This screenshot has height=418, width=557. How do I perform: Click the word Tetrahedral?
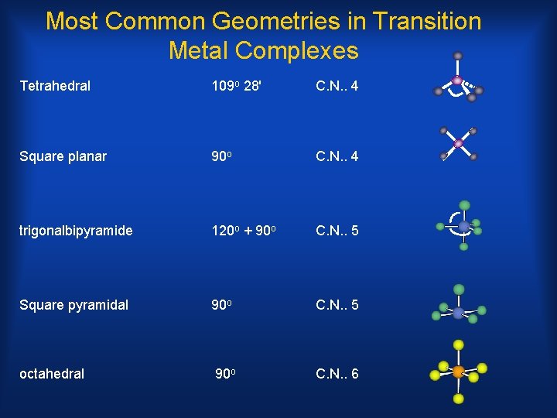click(x=55, y=86)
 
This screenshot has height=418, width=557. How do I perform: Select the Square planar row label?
click(x=63, y=157)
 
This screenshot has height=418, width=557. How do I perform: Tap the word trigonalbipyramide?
click(x=76, y=231)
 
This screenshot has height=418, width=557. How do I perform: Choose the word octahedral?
click(x=52, y=375)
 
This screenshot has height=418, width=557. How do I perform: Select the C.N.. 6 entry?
click(x=337, y=375)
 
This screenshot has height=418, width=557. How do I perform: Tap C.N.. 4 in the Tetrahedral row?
click(x=337, y=86)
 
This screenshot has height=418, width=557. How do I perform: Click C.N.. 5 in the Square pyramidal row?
click(x=337, y=304)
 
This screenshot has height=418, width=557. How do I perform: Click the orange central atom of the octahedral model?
click(x=458, y=372)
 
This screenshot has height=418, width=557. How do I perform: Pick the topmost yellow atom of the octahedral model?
click(x=459, y=344)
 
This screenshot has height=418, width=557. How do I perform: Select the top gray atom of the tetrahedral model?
click(x=458, y=56)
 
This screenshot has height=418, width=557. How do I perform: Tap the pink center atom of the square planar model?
click(x=459, y=143)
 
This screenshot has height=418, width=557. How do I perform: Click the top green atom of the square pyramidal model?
click(x=459, y=290)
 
